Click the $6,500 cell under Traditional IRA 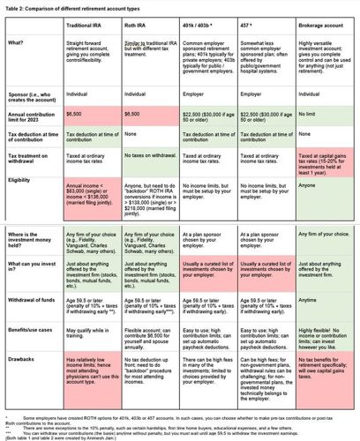click(x=74, y=114)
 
